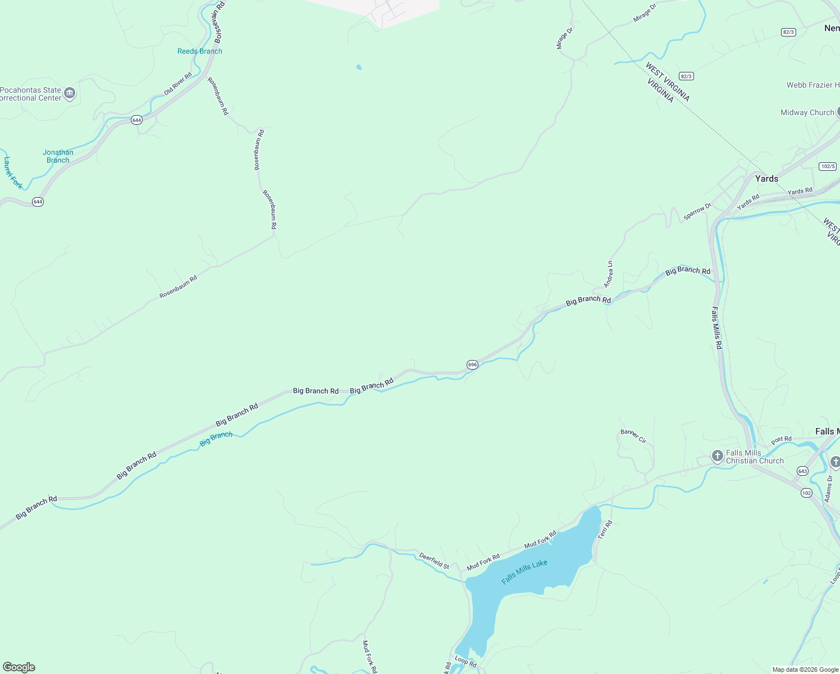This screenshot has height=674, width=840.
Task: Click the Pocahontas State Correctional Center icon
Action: point(70,93)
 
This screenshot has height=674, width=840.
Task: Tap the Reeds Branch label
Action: point(199,51)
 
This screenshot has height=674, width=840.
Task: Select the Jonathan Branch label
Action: point(58,156)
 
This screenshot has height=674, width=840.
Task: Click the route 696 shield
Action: point(472,365)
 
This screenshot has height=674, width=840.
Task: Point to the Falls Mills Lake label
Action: point(524,572)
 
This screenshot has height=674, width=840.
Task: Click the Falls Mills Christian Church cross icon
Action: point(717,456)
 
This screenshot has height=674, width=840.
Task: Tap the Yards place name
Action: point(766,179)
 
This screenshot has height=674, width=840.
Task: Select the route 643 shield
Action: point(802,471)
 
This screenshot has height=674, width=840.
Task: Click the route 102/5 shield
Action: point(828,166)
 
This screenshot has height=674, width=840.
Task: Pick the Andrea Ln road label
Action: point(609,274)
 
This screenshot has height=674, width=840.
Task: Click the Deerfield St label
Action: point(434,561)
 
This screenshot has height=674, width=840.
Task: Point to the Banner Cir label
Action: point(633,436)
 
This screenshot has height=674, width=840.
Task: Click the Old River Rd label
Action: point(178,84)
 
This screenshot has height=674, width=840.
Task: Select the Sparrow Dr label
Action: point(697,211)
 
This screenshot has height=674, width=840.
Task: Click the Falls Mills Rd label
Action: point(716,328)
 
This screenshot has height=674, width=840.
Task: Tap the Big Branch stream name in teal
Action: point(216,439)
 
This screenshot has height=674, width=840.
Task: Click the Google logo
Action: point(19,667)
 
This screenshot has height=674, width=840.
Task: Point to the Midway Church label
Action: point(807,112)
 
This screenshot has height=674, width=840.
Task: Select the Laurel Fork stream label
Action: point(12,172)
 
